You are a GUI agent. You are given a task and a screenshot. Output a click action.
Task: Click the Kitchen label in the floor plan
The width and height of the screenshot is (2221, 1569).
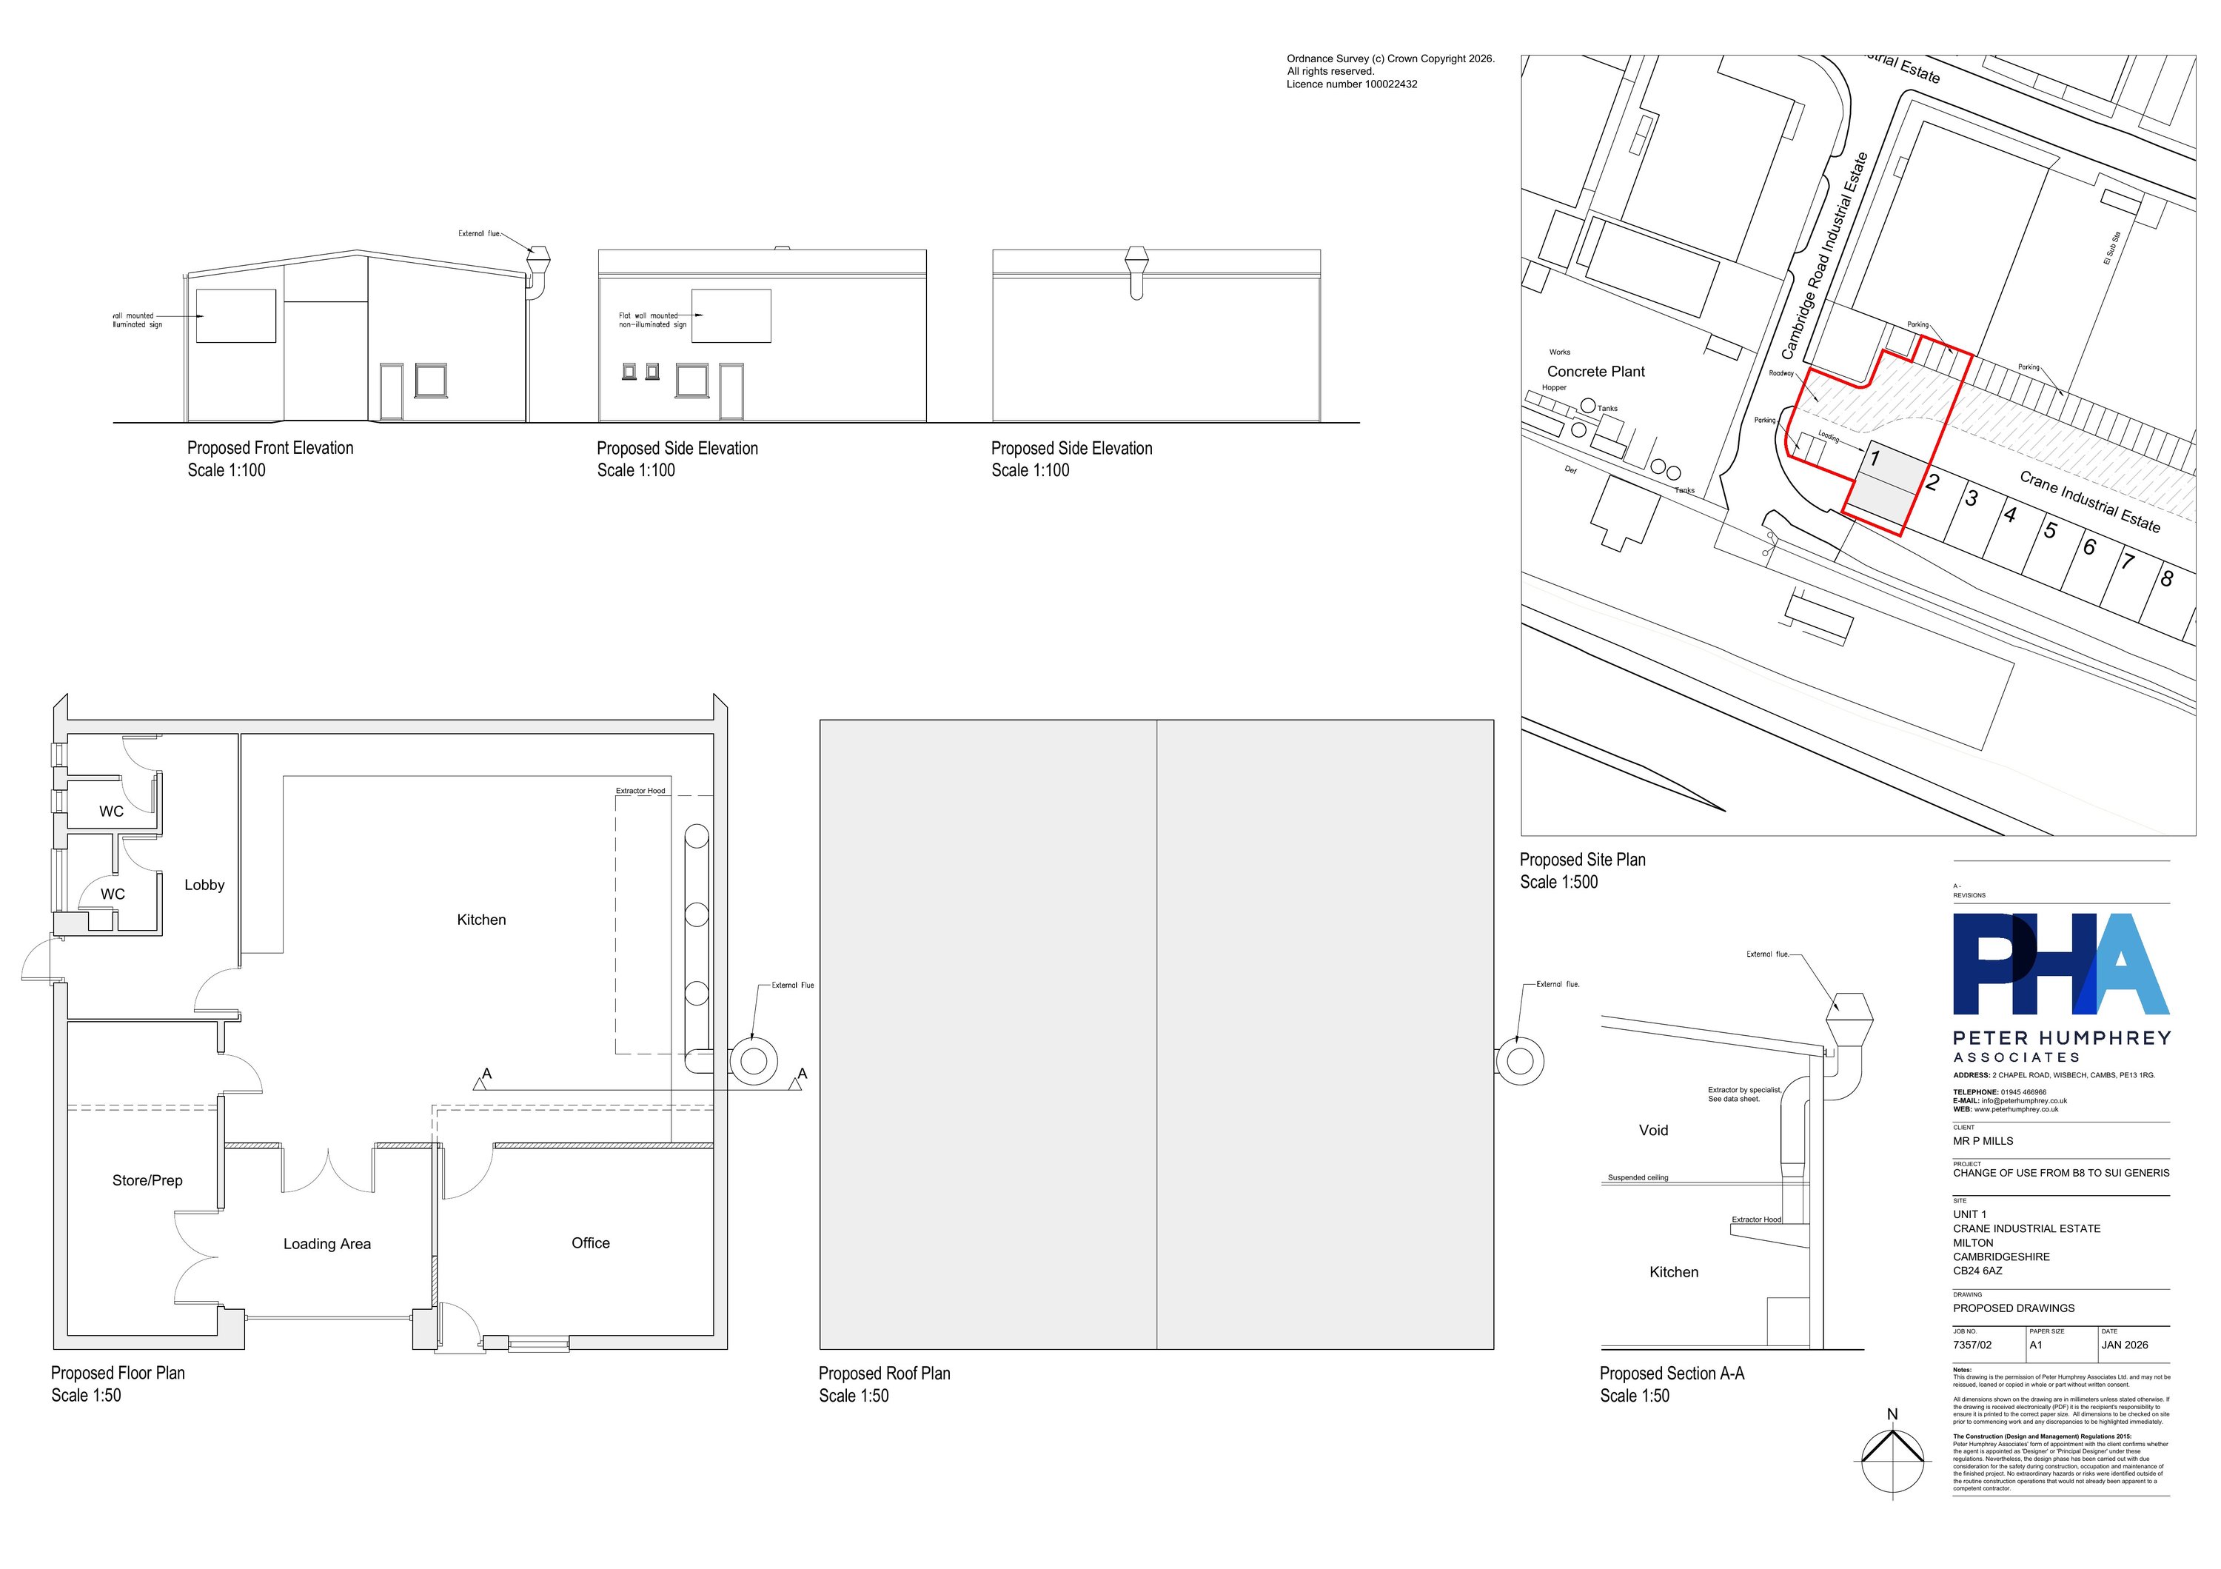coord(480,920)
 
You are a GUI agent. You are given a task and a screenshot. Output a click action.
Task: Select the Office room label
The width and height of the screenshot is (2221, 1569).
coord(590,1243)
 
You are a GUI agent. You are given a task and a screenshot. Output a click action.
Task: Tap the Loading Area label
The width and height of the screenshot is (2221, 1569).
coord(327,1244)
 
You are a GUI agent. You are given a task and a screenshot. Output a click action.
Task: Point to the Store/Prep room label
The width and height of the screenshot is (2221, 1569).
coord(147,1180)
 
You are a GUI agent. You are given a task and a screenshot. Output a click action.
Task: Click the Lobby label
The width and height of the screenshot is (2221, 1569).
coord(204,885)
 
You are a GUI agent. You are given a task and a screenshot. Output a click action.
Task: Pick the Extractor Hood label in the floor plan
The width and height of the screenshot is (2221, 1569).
coord(640,792)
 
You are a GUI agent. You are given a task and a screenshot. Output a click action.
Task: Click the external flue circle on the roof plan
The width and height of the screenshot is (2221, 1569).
coord(1520,1061)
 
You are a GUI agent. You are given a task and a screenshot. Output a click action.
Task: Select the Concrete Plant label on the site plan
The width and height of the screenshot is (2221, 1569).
coord(1595,372)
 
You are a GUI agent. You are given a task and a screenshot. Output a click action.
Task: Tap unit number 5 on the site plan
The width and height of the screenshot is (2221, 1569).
coord(2050,530)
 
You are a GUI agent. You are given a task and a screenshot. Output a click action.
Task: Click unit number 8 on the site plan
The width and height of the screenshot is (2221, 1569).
coord(2167,578)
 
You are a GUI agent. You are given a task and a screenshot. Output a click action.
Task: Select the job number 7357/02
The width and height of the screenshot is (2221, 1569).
coord(1972,1345)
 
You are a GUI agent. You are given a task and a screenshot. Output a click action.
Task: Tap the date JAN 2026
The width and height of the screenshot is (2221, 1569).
coord(2124,1345)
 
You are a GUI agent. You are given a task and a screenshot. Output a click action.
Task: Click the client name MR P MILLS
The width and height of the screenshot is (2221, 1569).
coord(1983,1142)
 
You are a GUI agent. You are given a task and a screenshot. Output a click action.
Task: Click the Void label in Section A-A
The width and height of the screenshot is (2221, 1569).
coord(1653,1130)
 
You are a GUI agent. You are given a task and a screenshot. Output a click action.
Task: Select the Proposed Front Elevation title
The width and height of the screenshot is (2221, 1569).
coord(270,448)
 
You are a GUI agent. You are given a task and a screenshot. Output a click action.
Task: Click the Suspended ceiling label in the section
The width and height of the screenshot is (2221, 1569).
coord(1638,1178)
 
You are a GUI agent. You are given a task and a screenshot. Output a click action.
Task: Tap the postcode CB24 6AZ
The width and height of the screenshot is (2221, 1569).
coord(1977,1271)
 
